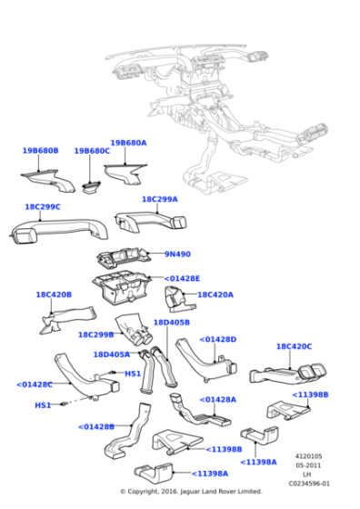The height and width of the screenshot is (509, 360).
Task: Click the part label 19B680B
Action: [x=40, y=151]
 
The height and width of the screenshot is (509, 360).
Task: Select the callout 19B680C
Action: [x=92, y=151]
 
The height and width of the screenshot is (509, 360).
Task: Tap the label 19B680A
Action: [x=128, y=143]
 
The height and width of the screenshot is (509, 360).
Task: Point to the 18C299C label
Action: [x=42, y=206]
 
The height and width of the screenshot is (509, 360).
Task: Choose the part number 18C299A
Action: [x=159, y=199]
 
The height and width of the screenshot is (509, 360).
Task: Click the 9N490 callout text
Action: [x=178, y=254]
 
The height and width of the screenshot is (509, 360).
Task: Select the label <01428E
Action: [x=182, y=278]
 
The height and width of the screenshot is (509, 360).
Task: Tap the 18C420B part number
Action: [x=54, y=294]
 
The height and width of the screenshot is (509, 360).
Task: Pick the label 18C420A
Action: [x=215, y=294]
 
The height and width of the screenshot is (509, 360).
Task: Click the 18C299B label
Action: [x=95, y=334]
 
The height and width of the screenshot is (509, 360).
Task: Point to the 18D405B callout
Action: [x=171, y=322]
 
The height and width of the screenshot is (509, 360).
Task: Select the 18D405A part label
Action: [x=111, y=354]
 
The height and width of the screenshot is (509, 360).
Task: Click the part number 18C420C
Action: [x=294, y=346]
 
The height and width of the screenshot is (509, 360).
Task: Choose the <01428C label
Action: [x=35, y=384]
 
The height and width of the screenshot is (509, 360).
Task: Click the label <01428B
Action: [x=95, y=426]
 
